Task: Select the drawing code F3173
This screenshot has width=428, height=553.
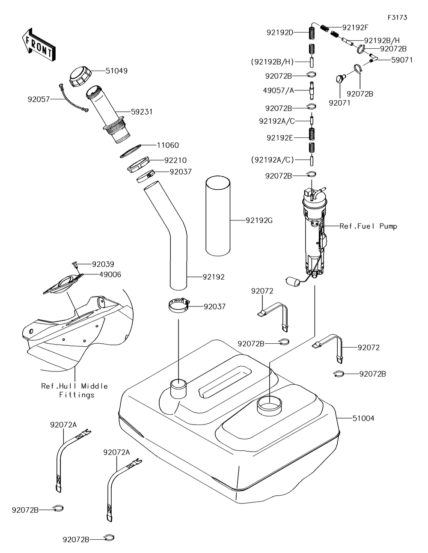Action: [x=397, y=18]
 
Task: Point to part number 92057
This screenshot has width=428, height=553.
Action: [x=39, y=99]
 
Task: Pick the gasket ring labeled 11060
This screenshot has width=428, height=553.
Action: [x=131, y=151]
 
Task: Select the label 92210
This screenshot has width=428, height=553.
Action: [x=175, y=161]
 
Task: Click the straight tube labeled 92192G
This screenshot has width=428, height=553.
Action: [x=218, y=216]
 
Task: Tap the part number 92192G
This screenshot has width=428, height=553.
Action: [x=259, y=220]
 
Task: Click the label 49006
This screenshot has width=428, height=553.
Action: [x=110, y=275]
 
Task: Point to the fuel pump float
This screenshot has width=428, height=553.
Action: [x=292, y=281]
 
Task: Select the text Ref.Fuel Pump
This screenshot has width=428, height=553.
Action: [x=368, y=226]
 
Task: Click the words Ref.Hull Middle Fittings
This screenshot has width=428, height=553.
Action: [x=74, y=390]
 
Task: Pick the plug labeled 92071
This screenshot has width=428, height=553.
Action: [x=340, y=79]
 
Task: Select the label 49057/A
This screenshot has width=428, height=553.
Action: [x=278, y=90]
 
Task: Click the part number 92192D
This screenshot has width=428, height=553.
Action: [x=280, y=33]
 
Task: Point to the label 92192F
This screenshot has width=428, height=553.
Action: [x=356, y=27]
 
